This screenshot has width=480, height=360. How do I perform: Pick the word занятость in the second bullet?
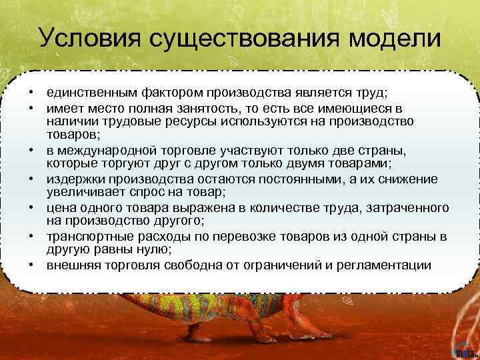[204, 107]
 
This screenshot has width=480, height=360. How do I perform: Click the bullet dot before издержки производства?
[31, 180]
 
